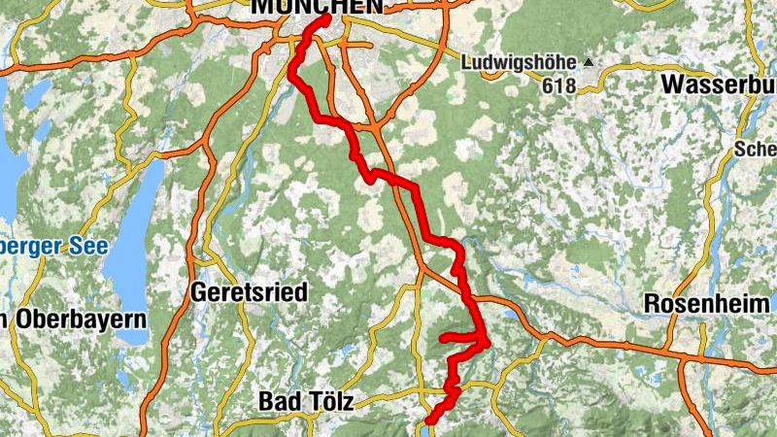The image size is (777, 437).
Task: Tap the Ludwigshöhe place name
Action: (x=520, y=63)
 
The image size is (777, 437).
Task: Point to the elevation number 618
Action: (x=559, y=86)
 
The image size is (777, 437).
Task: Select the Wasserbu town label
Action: (x=718, y=84)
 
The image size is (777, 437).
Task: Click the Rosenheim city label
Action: (x=707, y=304)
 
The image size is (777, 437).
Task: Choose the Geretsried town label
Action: (x=250, y=291)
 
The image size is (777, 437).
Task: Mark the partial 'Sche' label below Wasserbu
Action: (x=756, y=150)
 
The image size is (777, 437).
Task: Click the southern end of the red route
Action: (x=428, y=420)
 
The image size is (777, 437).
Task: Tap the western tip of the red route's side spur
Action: (x=443, y=338)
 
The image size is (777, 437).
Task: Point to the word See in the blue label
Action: (x=88, y=247)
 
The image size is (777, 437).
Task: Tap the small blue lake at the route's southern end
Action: (x=426, y=428)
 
